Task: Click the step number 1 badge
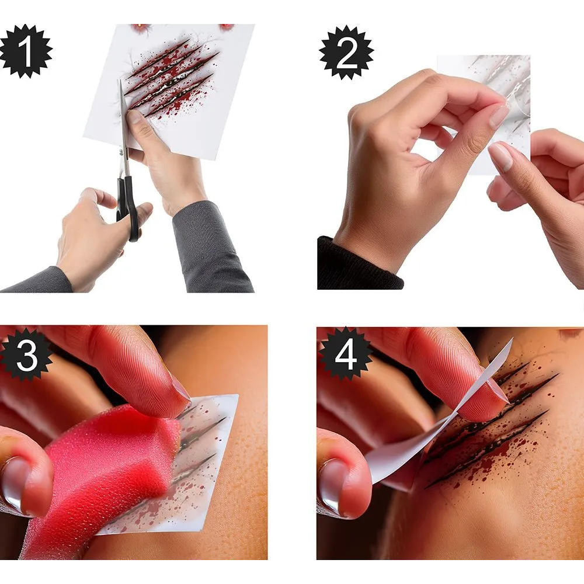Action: click(x=25, y=51)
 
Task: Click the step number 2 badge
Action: click(x=346, y=52)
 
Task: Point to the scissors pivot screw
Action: click(x=121, y=152)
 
